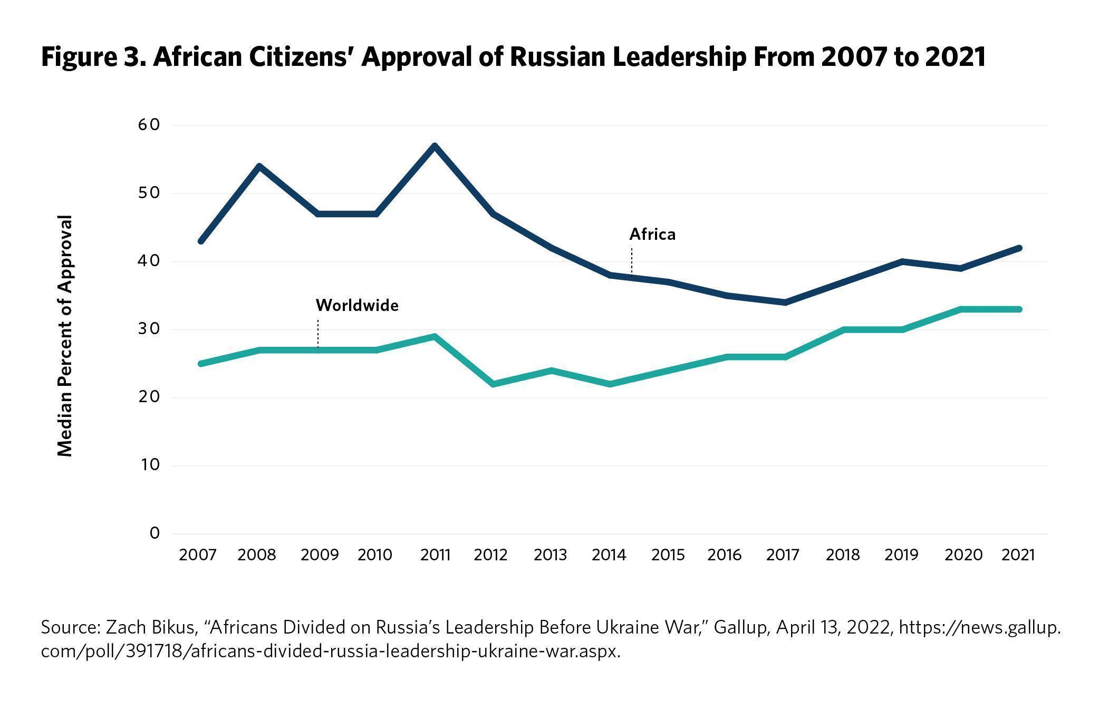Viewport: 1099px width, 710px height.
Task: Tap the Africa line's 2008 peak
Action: pos(259,167)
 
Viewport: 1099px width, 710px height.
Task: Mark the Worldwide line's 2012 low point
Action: pos(493,384)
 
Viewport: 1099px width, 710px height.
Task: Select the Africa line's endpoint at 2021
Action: pos(1019,248)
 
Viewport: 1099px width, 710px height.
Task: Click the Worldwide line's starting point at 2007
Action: pos(201,364)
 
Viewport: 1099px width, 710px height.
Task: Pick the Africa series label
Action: pos(652,234)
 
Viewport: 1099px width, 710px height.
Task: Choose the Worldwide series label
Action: pos(357,306)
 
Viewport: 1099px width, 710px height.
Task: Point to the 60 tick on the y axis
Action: pos(150,125)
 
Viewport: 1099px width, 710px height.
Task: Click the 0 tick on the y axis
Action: pos(154,533)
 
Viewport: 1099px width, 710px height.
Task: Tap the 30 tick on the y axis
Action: pos(150,329)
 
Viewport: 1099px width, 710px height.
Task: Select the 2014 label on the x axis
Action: pos(609,555)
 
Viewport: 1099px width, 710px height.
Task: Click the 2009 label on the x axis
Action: pos(319,555)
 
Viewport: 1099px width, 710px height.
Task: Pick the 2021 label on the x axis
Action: pos(1018,555)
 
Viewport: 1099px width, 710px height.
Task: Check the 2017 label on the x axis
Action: pos(783,555)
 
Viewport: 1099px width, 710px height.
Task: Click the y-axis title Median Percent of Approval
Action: pos(64,336)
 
